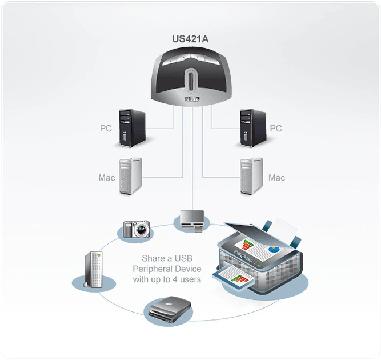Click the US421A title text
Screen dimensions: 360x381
(190, 40)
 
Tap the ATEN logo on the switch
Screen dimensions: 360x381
(191, 99)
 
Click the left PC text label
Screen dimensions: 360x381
(106, 129)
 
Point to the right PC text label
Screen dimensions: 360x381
(275, 129)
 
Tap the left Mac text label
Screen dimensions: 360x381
(107, 178)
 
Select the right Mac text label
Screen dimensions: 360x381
(276, 178)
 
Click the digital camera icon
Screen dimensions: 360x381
(136, 229)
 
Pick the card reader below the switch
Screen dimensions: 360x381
(191, 221)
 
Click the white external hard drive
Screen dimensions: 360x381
(94, 269)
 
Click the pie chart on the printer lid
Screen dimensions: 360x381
(275, 250)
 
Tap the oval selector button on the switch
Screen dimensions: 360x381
(190, 79)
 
